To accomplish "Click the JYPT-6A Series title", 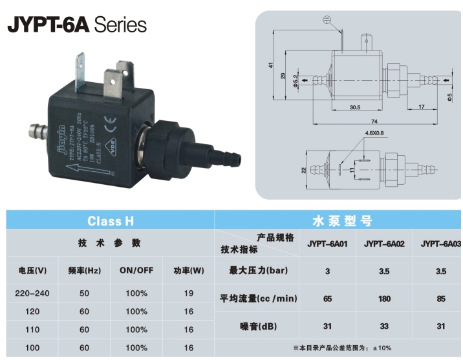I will (77, 25).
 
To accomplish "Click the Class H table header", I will (110, 221).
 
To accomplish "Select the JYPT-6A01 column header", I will (327, 244).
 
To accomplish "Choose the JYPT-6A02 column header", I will (383, 244).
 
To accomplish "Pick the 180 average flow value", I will (383, 298).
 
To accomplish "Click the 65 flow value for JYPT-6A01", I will (327, 298).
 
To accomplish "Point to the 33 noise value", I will (383, 326).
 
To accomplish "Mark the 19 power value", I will (188, 293).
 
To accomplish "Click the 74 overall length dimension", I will (374, 122).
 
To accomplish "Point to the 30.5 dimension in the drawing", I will (354, 107).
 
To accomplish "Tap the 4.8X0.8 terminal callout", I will (374, 133).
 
